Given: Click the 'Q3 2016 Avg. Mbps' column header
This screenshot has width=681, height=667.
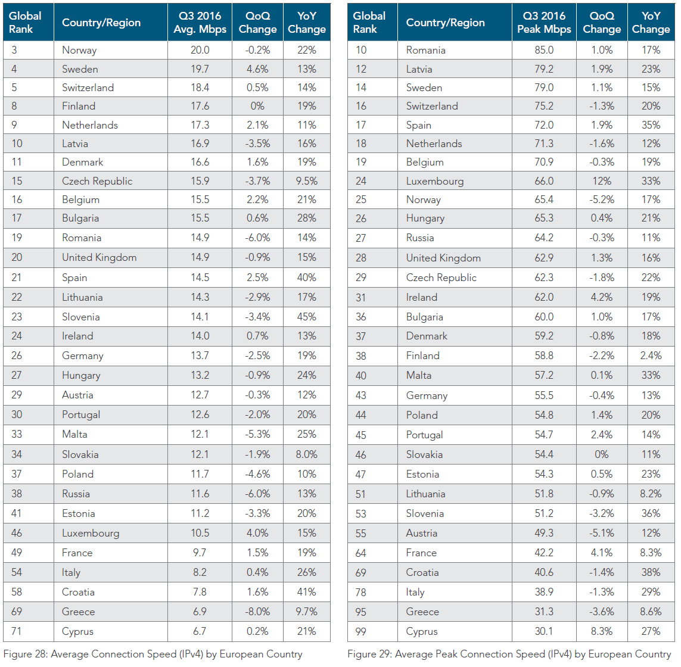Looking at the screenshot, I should [200, 23].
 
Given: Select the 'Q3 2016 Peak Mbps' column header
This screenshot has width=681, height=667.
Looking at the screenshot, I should [544, 23].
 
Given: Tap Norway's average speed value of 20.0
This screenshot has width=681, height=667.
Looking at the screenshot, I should [200, 50].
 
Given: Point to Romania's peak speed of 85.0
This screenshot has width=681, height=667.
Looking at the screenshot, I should [544, 50].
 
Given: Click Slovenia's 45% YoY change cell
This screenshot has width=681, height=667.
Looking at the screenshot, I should [307, 317].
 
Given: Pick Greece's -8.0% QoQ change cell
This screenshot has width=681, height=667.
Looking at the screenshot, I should [257, 612].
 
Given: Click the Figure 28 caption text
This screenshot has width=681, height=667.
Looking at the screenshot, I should [153, 654].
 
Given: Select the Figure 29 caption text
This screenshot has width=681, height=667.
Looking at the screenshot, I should [509, 654].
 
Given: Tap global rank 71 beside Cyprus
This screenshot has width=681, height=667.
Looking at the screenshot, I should [17, 631].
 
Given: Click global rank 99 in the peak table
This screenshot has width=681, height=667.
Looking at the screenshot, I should [361, 631].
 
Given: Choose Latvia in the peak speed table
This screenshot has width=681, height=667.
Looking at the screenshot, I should [419, 69].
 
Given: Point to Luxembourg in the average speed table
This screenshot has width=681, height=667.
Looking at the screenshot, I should [91, 533].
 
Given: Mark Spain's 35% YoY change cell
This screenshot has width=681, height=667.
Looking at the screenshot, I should [651, 125].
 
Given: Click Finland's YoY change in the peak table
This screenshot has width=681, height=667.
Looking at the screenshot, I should [651, 356].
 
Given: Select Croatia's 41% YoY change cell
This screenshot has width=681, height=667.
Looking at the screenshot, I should [307, 592].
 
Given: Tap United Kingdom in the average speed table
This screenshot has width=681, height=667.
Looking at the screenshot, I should [99, 257].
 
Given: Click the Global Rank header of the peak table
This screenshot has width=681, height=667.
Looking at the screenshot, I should [369, 23].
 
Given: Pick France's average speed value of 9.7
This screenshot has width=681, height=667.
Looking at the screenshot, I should [200, 553].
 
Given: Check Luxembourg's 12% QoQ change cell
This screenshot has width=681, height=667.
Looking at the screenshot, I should [602, 181].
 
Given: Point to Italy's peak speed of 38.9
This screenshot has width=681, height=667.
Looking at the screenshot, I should [544, 592].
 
